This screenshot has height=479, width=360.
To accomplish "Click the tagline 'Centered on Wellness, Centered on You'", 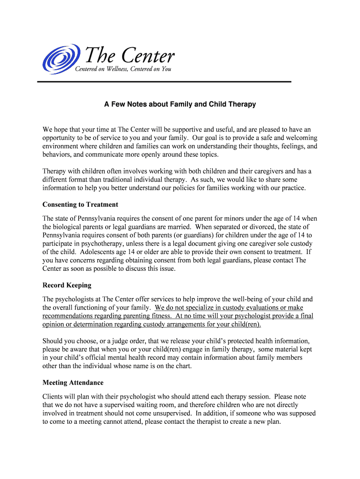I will click(123, 70).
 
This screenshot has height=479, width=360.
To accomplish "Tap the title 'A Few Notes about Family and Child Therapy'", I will click(180, 104).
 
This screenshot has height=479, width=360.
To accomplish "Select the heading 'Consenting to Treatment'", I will click(80, 204).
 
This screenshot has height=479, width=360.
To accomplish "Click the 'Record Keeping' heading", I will click(67, 285).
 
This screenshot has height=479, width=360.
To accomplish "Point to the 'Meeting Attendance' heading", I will click(73, 383).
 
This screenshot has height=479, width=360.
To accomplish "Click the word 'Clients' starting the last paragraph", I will click(53, 396).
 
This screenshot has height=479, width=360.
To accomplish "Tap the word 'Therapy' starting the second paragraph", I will click(55, 171).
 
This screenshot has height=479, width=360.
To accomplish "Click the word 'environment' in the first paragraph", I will click(61, 146).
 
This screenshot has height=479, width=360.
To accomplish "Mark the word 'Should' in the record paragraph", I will click(53, 341).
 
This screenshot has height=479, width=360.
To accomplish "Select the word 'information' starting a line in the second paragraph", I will click(60, 188).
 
